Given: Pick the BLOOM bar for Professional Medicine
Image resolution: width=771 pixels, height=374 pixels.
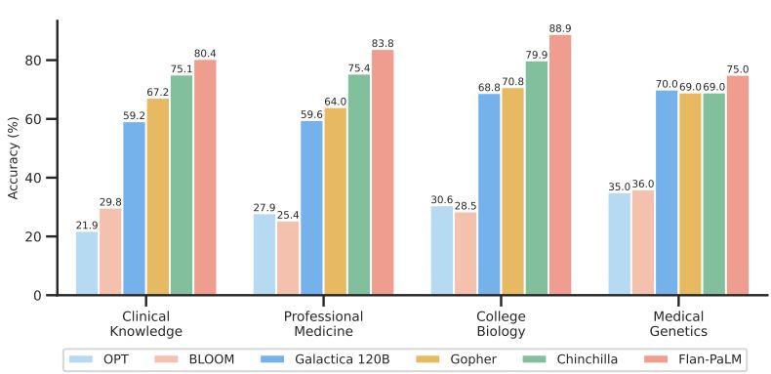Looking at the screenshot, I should (288, 258).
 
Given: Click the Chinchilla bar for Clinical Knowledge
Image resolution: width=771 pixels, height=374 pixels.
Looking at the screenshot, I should (182, 185).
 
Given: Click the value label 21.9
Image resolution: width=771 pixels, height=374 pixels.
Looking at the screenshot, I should (87, 226).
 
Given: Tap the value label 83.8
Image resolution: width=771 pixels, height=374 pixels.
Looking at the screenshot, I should (383, 44).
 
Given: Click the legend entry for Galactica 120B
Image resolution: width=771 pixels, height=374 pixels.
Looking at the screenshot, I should (326, 359).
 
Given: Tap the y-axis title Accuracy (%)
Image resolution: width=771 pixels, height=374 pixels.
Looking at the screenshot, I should (14, 156).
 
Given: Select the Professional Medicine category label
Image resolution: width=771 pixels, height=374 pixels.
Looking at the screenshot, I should (323, 324).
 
